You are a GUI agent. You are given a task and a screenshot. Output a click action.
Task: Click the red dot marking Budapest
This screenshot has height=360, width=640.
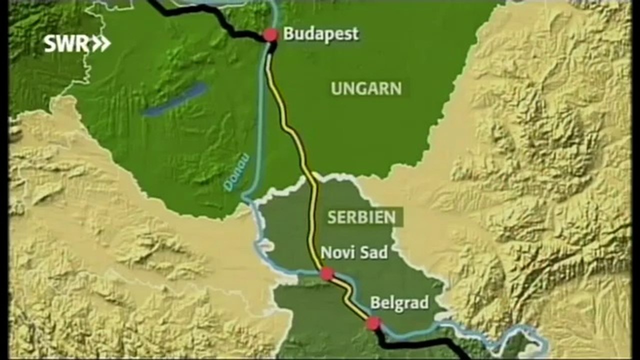(270, 35)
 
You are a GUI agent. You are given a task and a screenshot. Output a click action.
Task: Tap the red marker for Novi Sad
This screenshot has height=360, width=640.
(327, 273)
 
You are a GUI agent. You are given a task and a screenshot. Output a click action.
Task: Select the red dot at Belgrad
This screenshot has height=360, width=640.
(373, 323)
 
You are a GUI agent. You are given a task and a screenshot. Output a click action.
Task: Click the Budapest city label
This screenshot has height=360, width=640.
(320, 34)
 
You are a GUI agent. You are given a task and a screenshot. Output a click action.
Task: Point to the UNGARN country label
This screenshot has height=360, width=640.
(366, 89)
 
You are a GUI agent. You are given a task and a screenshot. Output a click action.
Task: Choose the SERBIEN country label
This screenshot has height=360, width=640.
(361, 217)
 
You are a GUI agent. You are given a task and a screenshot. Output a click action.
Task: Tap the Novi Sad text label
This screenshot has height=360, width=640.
(354, 252)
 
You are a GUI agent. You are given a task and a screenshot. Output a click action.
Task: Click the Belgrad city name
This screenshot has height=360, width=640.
(399, 303)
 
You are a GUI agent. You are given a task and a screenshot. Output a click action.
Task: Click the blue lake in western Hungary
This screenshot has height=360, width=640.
(175, 100)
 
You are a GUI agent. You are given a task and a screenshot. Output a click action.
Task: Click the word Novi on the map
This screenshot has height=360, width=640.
(335, 252)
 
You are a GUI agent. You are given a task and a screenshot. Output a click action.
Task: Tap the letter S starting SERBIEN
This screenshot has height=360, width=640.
(331, 217)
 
